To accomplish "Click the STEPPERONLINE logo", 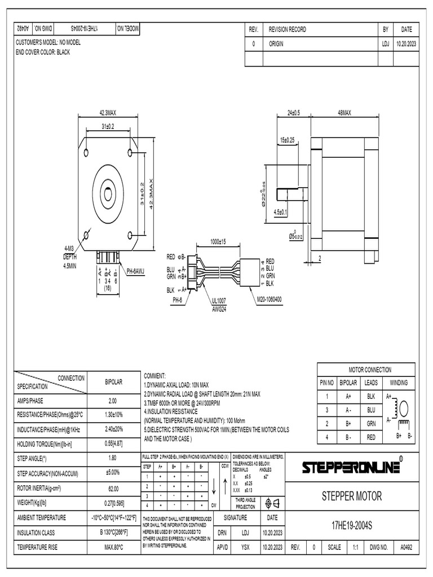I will click(x=352, y=468).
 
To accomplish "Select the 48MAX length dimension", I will click(x=344, y=113).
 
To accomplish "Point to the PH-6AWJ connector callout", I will click(x=135, y=271).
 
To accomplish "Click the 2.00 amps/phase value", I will click(x=112, y=401).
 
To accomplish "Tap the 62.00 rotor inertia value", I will click(x=112, y=488).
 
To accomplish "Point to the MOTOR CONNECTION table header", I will click(x=370, y=370).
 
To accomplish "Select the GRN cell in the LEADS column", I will click(x=370, y=423).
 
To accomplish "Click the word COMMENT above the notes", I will click(x=155, y=375).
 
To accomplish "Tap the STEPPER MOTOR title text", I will click(x=352, y=496).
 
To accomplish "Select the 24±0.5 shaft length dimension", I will click(x=294, y=113).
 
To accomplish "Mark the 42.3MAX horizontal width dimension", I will click(x=108, y=113).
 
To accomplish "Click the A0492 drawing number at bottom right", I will click(x=405, y=547).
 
